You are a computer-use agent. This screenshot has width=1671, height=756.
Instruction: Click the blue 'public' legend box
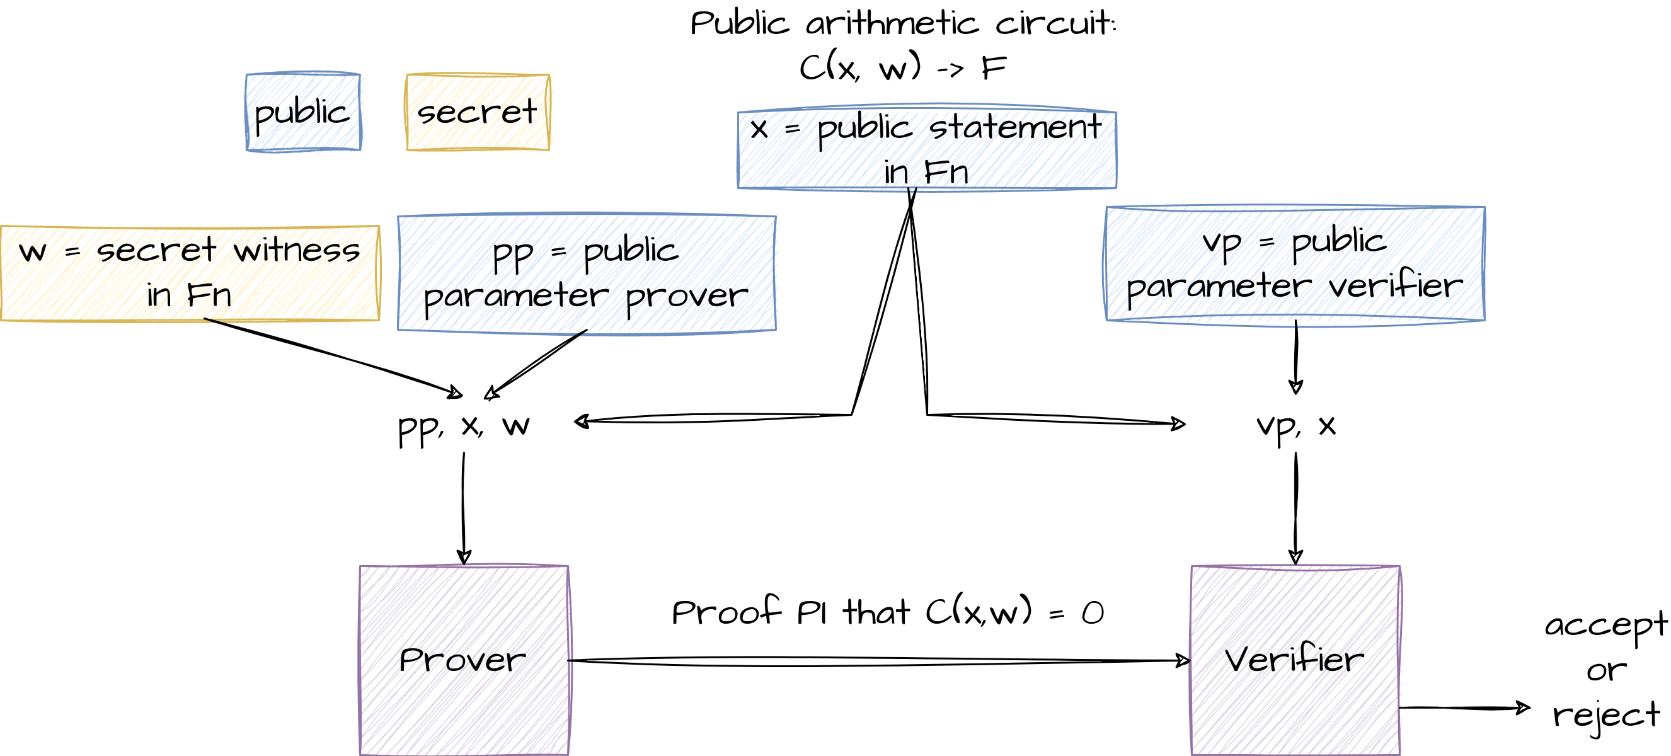[x=303, y=112]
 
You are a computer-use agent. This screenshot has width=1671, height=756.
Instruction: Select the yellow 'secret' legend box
[x=478, y=112]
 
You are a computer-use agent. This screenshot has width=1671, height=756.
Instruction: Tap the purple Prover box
[x=464, y=660]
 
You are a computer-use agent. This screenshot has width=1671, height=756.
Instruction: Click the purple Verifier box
[x=1295, y=660]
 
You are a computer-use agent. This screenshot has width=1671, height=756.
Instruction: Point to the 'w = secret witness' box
[x=190, y=273]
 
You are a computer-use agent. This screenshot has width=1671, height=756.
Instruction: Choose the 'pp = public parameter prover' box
[x=587, y=273]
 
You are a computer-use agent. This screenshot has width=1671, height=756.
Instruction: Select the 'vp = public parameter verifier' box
[x=1295, y=264]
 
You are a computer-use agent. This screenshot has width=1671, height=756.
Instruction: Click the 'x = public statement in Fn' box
[x=926, y=149]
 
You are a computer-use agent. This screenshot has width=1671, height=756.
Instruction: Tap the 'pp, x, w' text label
[x=464, y=427]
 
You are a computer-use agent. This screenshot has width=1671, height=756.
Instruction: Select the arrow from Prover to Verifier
[x=879, y=661]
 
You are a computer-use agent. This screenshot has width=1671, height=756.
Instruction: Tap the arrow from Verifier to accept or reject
[x=1464, y=708]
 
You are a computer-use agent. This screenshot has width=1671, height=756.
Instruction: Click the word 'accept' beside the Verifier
[x=1605, y=625]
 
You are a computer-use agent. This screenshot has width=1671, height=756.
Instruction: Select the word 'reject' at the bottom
[x=1606, y=716]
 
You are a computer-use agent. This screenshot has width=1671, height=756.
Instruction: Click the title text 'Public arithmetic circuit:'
[x=902, y=23]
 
